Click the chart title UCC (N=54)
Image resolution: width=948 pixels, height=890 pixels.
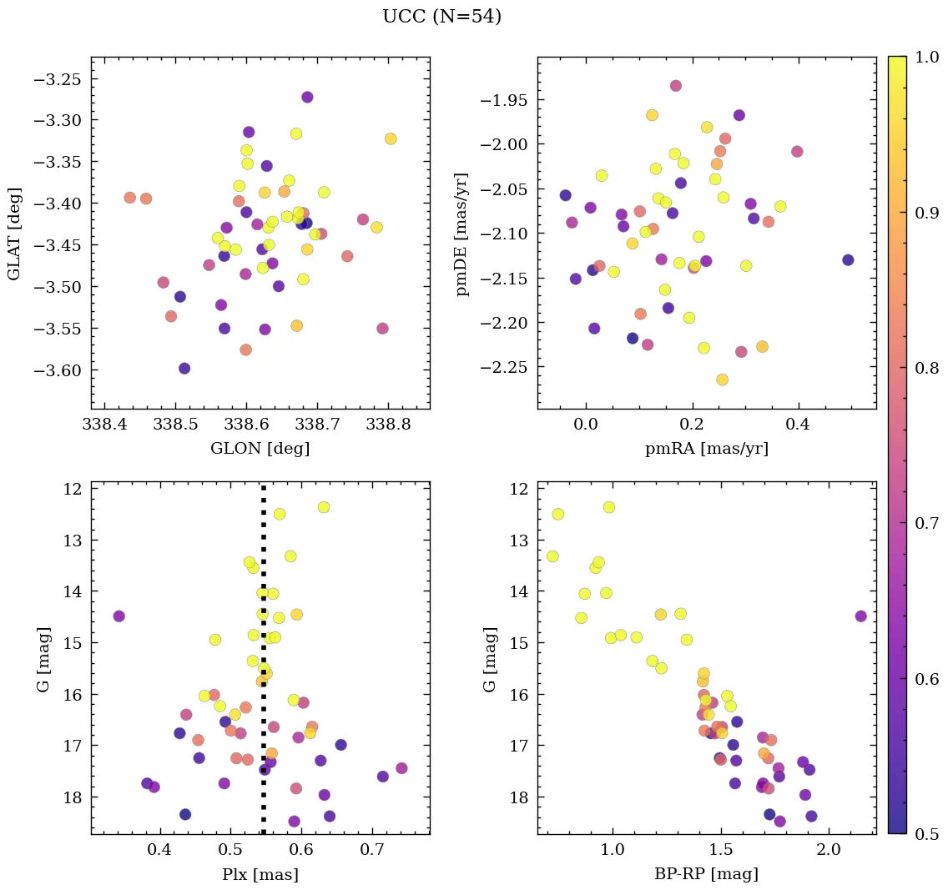[441, 17]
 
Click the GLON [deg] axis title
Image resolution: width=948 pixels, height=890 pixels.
[260, 449]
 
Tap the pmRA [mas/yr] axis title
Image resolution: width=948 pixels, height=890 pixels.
[706, 449]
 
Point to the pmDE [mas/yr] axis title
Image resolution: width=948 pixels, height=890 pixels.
[461, 234]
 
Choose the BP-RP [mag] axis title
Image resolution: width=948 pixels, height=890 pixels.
[706, 874]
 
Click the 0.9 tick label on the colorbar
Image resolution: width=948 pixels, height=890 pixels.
[925, 213]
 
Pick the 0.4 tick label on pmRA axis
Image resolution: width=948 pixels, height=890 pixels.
[799, 425]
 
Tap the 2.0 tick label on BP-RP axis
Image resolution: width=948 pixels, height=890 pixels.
[829, 851]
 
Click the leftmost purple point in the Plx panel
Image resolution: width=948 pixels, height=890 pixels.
[118, 616]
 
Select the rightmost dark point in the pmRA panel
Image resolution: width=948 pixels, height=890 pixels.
[848, 260]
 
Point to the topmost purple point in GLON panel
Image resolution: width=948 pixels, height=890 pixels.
[307, 98]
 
